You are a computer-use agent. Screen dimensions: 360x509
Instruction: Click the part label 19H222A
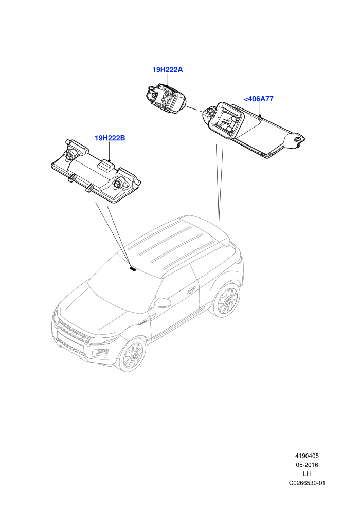click(x=168, y=69)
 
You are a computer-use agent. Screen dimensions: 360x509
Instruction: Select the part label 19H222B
click(x=110, y=138)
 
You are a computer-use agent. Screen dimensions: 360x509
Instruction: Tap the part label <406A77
click(x=258, y=99)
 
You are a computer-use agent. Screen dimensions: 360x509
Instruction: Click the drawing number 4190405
click(x=307, y=456)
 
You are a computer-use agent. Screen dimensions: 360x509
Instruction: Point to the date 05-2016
click(x=307, y=465)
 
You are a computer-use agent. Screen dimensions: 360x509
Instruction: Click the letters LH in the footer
click(x=307, y=474)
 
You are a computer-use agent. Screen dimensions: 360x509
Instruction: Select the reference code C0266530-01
click(x=307, y=483)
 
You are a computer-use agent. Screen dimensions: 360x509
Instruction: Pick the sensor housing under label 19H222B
click(x=96, y=171)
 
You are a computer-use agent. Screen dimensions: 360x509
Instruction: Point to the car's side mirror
click(x=163, y=302)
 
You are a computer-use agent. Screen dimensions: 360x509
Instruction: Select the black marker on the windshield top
click(x=133, y=269)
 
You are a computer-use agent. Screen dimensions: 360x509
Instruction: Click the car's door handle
click(x=191, y=289)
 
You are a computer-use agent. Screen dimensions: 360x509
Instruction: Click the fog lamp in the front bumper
click(x=100, y=353)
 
